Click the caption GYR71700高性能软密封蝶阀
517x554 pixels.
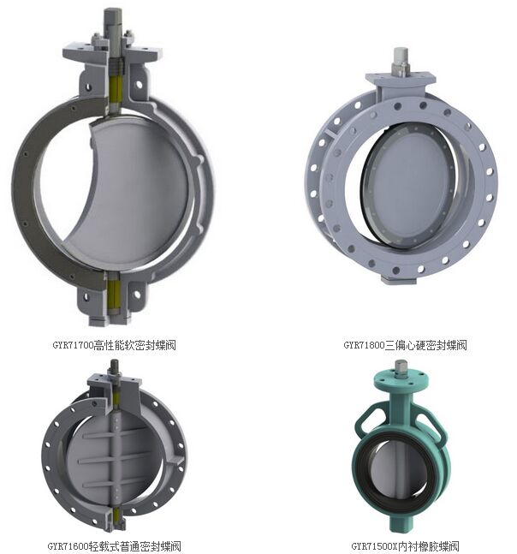click(x=114, y=344)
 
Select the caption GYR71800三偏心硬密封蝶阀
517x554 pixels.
click(x=405, y=344)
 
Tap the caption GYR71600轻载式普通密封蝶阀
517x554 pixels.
click(x=114, y=546)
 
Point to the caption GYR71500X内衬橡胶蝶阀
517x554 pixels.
click(x=405, y=546)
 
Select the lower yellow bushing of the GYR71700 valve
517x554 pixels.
click(x=114, y=296)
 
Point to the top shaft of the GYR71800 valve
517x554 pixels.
click(x=401, y=61)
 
